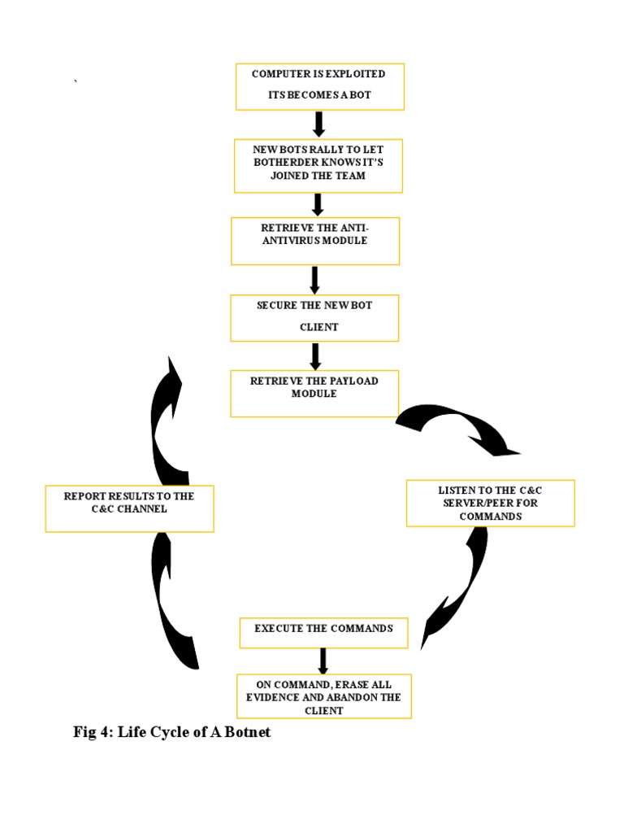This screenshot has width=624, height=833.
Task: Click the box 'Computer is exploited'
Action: [x=319, y=85]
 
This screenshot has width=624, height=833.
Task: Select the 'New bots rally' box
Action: [x=318, y=165]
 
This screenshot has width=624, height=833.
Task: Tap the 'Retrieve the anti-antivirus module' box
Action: [x=315, y=240]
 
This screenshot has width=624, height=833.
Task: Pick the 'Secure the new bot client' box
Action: [x=314, y=317]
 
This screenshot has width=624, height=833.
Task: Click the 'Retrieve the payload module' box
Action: [x=314, y=394]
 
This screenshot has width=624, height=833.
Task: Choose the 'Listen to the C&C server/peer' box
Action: [x=490, y=503]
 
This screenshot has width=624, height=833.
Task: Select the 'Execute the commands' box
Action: [x=323, y=632]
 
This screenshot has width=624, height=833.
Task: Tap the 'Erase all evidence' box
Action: [x=323, y=696]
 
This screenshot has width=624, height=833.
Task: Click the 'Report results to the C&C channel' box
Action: [x=129, y=508]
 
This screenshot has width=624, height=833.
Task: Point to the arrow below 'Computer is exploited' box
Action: [x=318, y=124]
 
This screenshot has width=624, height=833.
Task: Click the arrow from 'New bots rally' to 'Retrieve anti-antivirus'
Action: [x=318, y=204]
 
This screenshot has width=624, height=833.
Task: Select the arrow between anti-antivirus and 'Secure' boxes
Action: [x=315, y=280]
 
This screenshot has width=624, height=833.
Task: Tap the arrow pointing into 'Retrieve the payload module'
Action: [x=315, y=355]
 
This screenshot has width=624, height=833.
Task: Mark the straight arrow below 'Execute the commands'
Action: [x=323, y=661]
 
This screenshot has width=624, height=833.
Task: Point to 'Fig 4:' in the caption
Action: [x=93, y=732]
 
